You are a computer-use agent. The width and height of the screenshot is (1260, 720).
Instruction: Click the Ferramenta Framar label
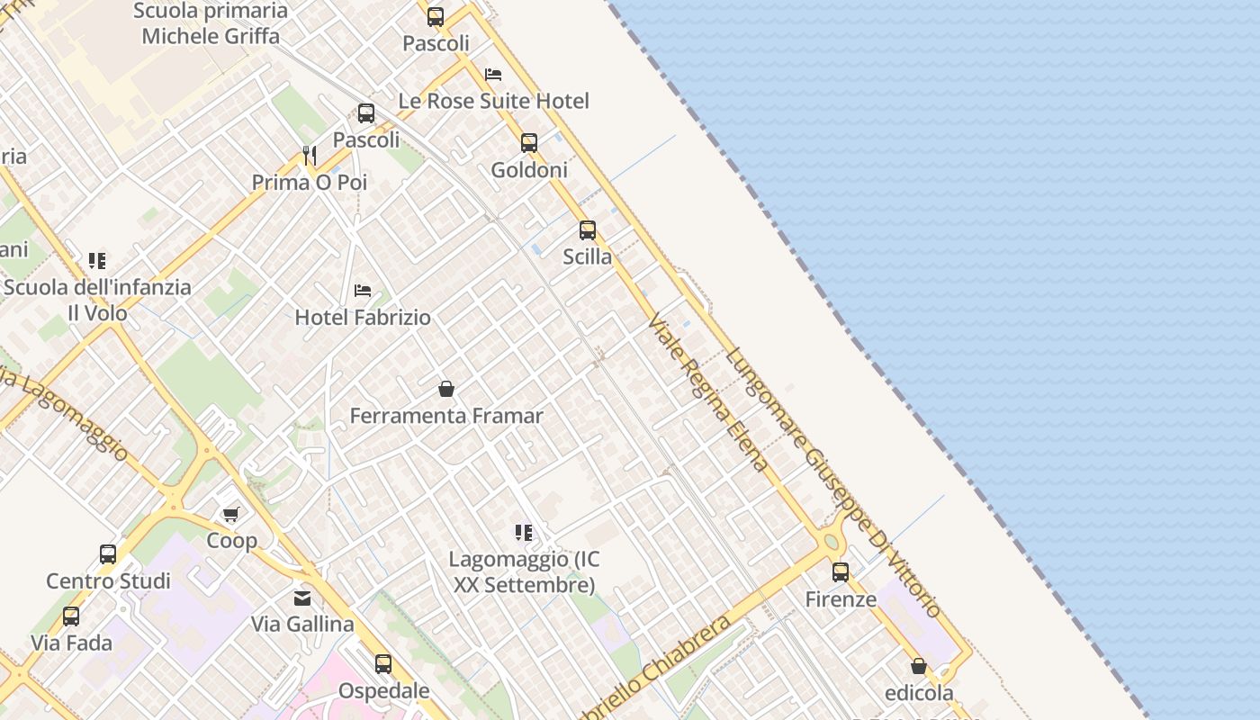pyautogui.click(x=446, y=416)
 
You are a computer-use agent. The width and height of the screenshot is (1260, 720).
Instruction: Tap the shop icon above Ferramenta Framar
pyautogui.click(x=445, y=389)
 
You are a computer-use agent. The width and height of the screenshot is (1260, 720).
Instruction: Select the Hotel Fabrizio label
pyautogui.click(x=363, y=318)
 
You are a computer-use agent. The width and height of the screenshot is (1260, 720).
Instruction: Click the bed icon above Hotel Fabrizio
pyautogui.click(x=363, y=291)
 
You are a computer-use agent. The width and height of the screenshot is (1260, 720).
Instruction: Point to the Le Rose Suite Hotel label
pyautogui.click(x=493, y=101)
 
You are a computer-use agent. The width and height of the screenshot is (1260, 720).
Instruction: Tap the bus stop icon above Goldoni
pyautogui.click(x=529, y=143)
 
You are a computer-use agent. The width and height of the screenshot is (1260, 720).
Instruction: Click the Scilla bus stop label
pyautogui.click(x=587, y=256)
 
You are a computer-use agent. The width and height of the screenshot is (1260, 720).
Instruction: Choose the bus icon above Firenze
pyautogui.click(x=841, y=572)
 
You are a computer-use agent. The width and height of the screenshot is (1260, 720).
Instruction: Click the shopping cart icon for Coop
pyautogui.click(x=231, y=514)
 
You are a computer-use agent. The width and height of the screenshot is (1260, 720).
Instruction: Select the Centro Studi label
pyautogui.click(x=108, y=580)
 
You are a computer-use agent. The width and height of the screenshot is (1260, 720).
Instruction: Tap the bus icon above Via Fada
pyautogui.click(x=71, y=616)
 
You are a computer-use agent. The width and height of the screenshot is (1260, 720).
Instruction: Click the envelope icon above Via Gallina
pyautogui.click(x=302, y=598)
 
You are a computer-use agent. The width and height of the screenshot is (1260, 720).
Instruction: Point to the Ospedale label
pyautogui.click(x=383, y=691)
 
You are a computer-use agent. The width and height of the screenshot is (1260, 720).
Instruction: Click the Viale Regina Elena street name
pyautogui.click(x=708, y=392)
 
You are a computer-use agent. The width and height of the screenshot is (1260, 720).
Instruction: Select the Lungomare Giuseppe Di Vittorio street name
pyautogui.click(x=833, y=481)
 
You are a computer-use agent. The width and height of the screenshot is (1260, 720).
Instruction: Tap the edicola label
pyautogui.click(x=919, y=693)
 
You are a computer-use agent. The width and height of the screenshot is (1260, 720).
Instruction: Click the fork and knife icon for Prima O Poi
pyautogui.click(x=310, y=156)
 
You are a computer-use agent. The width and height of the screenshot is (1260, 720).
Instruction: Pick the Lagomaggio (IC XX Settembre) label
pyautogui.click(x=524, y=572)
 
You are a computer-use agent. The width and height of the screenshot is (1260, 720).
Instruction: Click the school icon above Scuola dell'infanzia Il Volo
pyautogui.click(x=97, y=261)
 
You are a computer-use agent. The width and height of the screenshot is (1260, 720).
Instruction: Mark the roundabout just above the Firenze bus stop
pyautogui.click(x=830, y=542)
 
